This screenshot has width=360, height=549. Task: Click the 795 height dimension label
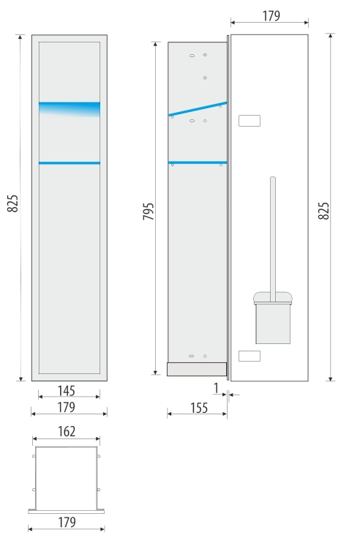click(x=149, y=211)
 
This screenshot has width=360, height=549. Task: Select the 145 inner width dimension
click(x=66, y=391)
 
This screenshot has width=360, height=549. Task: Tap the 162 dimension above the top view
click(x=67, y=431)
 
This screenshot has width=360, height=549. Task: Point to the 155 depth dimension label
click(x=199, y=408)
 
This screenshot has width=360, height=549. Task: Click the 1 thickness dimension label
click(x=216, y=388)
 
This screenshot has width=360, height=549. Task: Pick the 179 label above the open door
click(x=271, y=16)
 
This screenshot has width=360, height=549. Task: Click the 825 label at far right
click(x=323, y=211)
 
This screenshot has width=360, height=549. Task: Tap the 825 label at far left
click(x=12, y=203)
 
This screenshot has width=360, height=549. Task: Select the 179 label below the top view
click(x=67, y=522)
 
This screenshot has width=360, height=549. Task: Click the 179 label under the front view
click(x=66, y=407)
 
